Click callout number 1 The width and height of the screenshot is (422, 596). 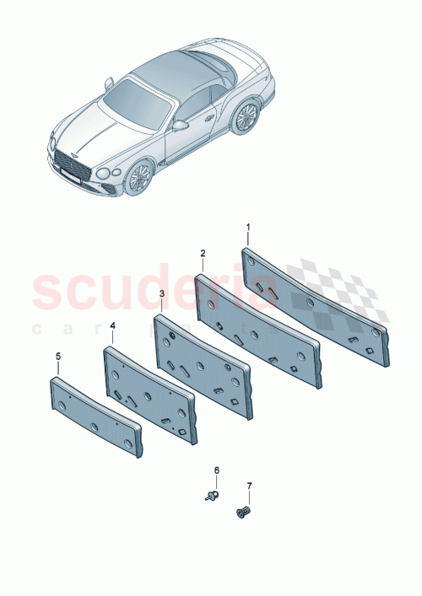[248, 228]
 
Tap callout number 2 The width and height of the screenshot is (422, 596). [203, 253]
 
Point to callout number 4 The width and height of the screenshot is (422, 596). [112, 324]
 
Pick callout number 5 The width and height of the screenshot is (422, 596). [58, 357]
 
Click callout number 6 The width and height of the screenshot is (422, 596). [215, 470]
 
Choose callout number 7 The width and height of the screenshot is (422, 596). [248, 486]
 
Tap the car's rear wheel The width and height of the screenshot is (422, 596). [246, 116]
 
